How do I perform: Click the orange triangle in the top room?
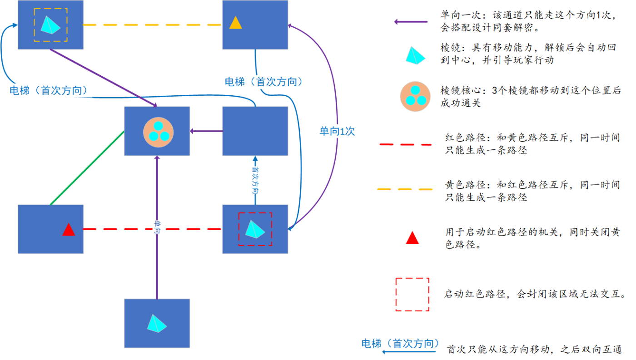point(235,23)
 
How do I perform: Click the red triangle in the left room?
point(69,230)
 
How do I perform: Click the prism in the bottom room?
point(157,323)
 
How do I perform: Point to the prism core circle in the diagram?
point(157,132)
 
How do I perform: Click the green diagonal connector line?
point(86,168)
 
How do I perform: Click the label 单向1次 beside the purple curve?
point(337,132)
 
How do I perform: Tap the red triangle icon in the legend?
point(412,238)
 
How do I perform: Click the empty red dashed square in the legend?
point(412,295)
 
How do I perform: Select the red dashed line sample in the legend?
point(405,144)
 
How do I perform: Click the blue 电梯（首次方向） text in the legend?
point(400,343)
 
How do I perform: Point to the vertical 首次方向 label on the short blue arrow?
point(254,180)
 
